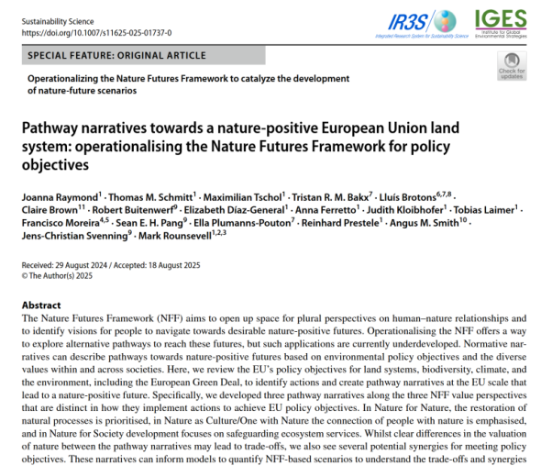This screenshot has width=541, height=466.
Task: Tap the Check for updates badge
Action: pos(510,67)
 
